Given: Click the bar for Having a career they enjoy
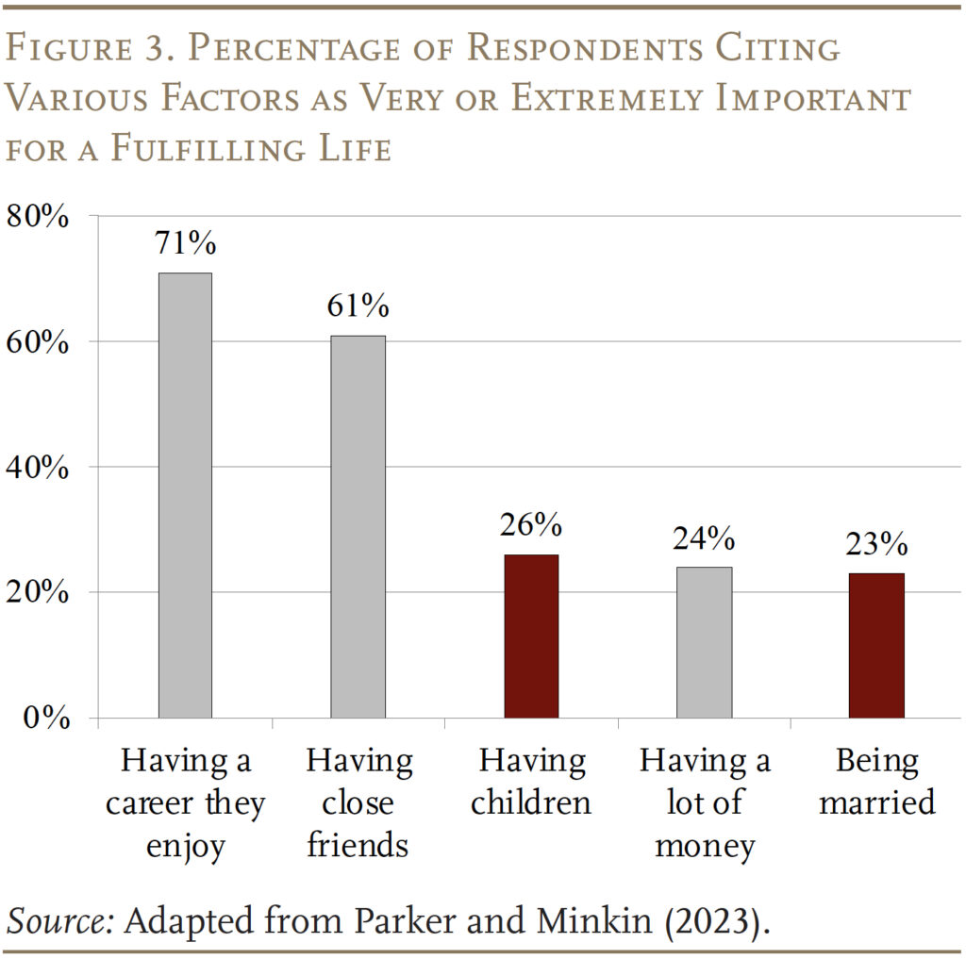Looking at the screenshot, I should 185,495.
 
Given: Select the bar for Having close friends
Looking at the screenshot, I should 358,526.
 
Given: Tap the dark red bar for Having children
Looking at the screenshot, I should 531,636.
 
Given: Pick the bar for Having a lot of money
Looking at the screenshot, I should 705,642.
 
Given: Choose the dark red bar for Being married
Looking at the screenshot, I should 877,645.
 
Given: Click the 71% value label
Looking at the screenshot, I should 186,243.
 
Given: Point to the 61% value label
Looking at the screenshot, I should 358,306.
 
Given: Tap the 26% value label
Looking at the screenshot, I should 531,525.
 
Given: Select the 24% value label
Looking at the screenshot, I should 704,537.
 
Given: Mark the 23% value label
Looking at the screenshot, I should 877,544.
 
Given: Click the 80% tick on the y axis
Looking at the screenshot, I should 39,217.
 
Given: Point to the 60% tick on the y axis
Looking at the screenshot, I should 39,342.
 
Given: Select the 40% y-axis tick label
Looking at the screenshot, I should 39,468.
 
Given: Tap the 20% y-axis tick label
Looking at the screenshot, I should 39,593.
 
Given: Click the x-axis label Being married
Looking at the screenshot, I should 877,781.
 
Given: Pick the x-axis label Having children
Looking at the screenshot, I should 531,781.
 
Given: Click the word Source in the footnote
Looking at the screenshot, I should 59,919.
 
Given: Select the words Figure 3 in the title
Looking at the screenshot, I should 92,47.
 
